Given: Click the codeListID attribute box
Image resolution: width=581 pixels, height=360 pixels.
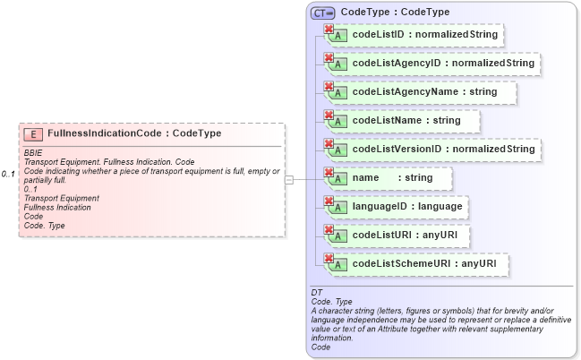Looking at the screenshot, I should coord(413,35).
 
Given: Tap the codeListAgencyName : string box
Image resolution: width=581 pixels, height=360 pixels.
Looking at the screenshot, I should coord(420,92).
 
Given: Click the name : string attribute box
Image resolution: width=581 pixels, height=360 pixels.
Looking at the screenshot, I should coord(389,178).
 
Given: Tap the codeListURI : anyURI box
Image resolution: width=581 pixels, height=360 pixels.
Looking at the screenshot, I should coord(399,236).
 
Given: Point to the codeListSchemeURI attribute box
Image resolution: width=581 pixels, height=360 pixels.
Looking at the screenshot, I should coord(416,264).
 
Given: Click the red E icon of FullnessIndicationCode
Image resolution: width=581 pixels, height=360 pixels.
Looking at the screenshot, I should coord(33,133).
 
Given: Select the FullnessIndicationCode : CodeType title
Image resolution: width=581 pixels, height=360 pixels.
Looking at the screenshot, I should coord(134,133).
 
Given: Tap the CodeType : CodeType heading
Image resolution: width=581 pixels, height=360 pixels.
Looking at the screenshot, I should coord(395,13).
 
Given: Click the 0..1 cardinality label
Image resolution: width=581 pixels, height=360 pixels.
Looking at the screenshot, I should coord(9,174).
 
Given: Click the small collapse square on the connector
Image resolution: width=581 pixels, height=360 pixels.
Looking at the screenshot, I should coord(288,179).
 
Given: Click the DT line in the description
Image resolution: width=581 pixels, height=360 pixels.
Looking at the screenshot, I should coord(316,293).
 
